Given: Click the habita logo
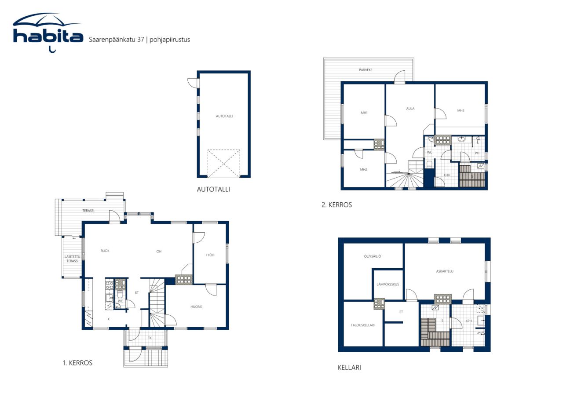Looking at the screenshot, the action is (x=48, y=33).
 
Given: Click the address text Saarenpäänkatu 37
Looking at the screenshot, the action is (x=117, y=40).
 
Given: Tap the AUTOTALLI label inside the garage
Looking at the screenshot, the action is (x=224, y=116).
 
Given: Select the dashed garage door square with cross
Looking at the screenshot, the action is (x=224, y=164).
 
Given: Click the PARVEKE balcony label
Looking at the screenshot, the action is (x=366, y=70).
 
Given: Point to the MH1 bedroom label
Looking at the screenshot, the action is (x=364, y=113).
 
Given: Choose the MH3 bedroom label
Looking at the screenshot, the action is (x=461, y=110).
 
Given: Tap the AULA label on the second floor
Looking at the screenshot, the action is (x=410, y=109).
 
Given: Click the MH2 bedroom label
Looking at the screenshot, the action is (x=363, y=170).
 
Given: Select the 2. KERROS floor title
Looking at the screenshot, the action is (x=336, y=205).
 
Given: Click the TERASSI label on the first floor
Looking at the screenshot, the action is (x=88, y=211).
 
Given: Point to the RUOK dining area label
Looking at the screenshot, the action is (x=105, y=251).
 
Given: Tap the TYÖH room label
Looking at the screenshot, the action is (x=210, y=255).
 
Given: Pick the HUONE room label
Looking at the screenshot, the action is (x=196, y=307).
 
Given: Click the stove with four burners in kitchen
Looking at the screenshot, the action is (x=110, y=285).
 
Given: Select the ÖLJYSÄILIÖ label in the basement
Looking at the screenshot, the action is (x=372, y=256).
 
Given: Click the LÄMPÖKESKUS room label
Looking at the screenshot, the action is (x=388, y=285).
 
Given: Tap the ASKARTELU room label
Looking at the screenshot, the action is (x=445, y=271).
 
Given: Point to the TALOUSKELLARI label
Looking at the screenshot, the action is (x=362, y=325).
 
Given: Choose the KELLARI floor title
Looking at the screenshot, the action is (x=349, y=368).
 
